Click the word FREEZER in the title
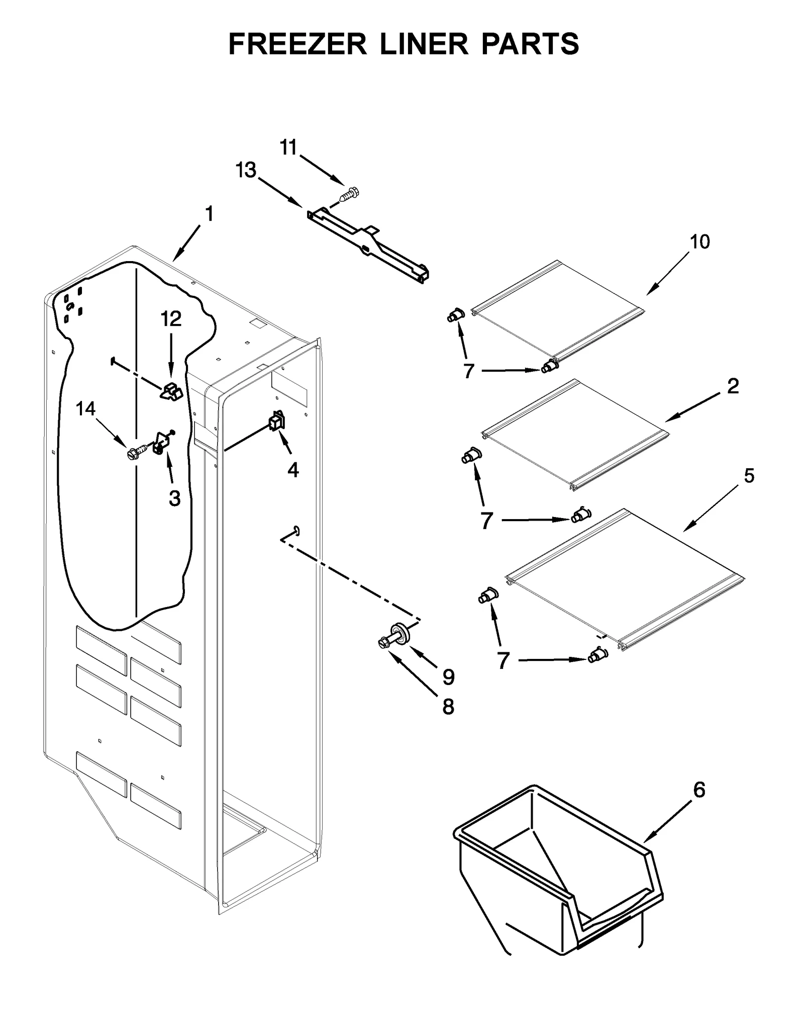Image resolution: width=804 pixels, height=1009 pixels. [x=297, y=44]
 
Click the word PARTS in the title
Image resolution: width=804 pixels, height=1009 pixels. [x=530, y=44]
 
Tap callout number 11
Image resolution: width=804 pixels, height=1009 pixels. [x=289, y=148]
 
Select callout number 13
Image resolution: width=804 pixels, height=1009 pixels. [x=246, y=171]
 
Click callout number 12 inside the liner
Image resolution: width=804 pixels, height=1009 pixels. [x=171, y=319]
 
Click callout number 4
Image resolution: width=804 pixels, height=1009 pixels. [x=293, y=470]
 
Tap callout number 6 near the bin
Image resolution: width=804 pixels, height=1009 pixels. [x=699, y=790]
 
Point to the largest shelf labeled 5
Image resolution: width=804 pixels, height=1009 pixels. [x=623, y=578]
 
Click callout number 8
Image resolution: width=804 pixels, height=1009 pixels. [x=448, y=707]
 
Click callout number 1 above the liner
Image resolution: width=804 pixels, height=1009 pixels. [x=209, y=214]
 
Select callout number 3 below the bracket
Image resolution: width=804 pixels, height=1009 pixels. [x=174, y=498]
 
